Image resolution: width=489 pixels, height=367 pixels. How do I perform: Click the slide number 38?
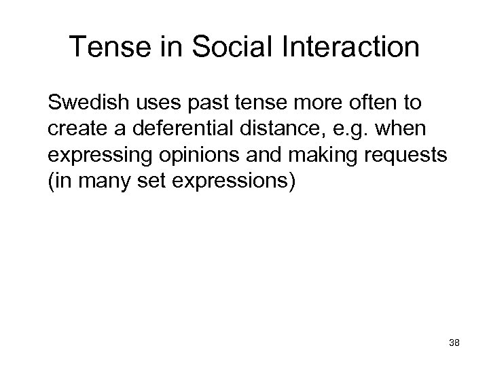(454, 344)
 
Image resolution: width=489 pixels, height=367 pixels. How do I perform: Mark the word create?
(75, 129)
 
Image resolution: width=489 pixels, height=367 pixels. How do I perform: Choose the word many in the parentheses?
(105, 180)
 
